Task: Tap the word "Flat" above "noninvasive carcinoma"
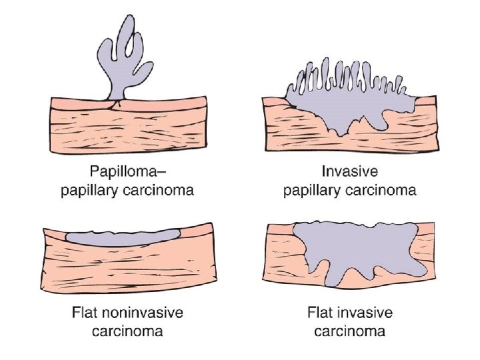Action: point(89,312)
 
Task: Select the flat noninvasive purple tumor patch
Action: point(125,235)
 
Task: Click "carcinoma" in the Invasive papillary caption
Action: point(383,191)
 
